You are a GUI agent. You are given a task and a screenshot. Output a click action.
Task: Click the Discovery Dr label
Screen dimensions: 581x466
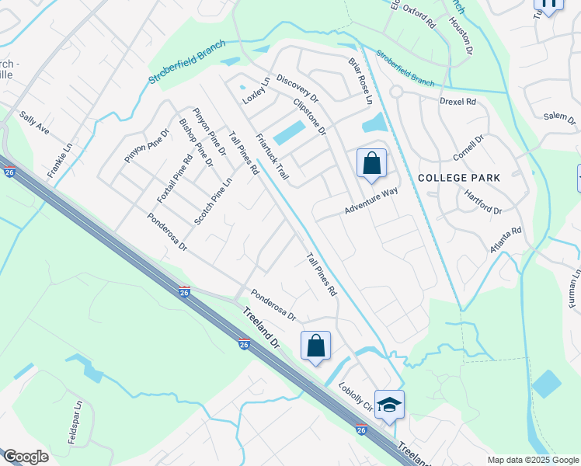(297, 89)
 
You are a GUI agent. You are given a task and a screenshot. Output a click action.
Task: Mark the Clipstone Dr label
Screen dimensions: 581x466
(309, 116)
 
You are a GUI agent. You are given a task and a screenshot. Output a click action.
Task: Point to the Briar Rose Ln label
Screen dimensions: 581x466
(360, 81)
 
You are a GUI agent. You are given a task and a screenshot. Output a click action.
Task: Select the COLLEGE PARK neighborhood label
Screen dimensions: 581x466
(459, 178)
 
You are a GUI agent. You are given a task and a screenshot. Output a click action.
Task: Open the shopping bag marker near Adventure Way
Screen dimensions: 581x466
(371, 164)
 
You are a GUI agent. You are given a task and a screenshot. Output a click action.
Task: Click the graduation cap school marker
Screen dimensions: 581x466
(388, 405)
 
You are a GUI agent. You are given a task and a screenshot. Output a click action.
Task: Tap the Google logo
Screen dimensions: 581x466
(26, 457)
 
